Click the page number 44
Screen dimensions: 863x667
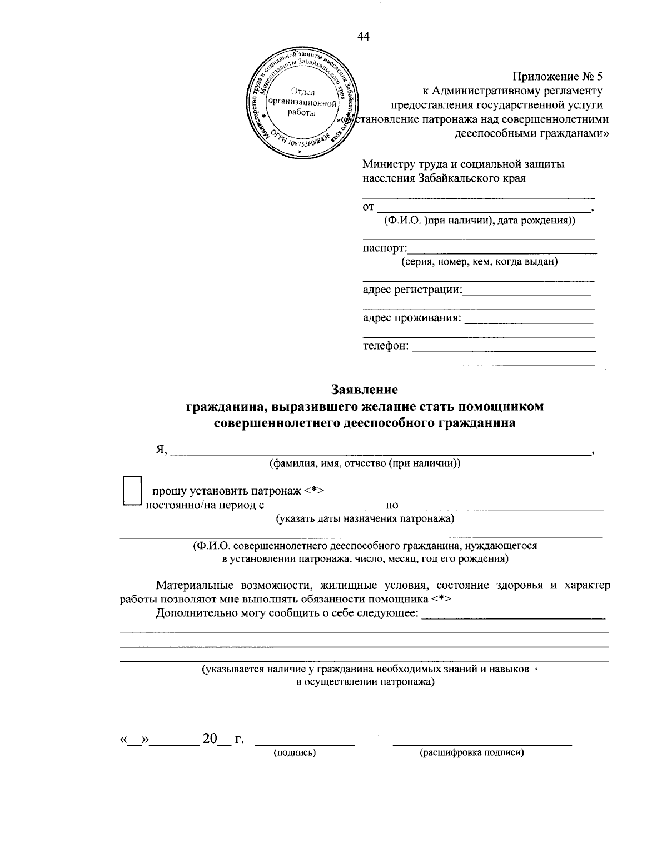pyautogui.click(x=364, y=37)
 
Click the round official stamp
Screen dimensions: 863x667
pyautogui.click(x=302, y=103)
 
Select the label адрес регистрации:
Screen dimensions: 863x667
pyautogui.click(x=412, y=290)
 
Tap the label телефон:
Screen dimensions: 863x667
pyautogui.click(x=386, y=346)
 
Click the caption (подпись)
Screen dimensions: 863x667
pyautogui.click(x=295, y=753)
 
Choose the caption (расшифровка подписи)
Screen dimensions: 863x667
pyautogui.click(x=472, y=753)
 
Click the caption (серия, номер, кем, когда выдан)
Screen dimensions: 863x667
pyautogui.click(x=480, y=262)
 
